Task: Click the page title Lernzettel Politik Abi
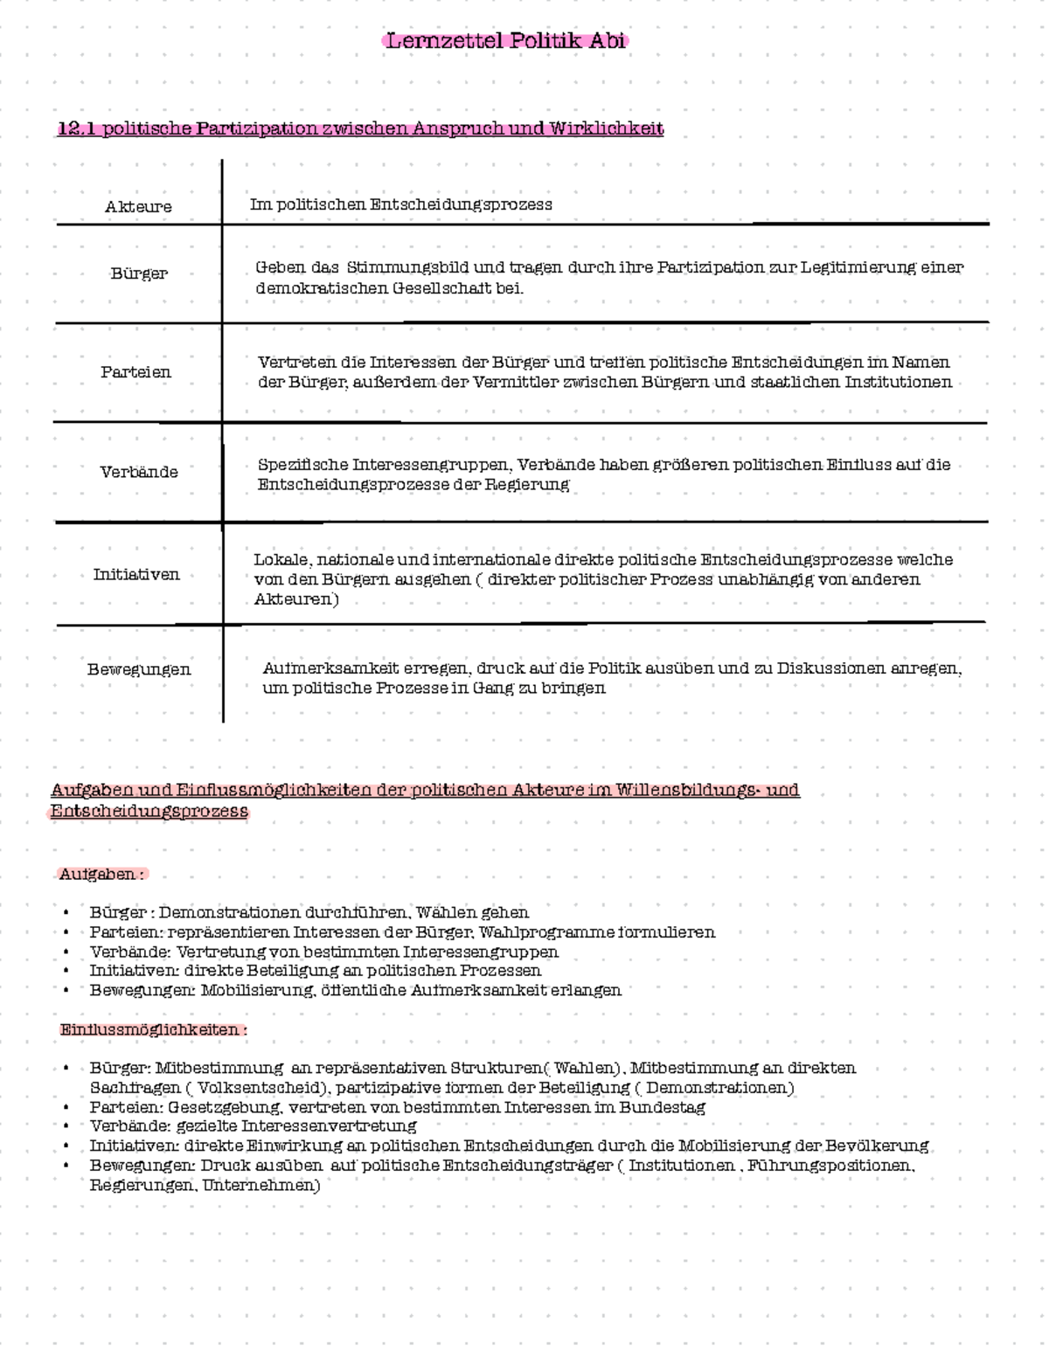click(506, 41)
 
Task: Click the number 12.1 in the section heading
click(76, 129)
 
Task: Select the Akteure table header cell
click(138, 207)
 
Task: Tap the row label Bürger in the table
click(139, 273)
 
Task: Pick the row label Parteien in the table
click(135, 372)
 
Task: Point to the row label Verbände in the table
click(139, 472)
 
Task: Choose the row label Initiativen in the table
click(136, 575)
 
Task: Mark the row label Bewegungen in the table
click(139, 670)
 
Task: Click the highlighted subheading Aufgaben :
click(101, 875)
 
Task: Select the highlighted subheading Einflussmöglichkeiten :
click(153, 1030)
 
